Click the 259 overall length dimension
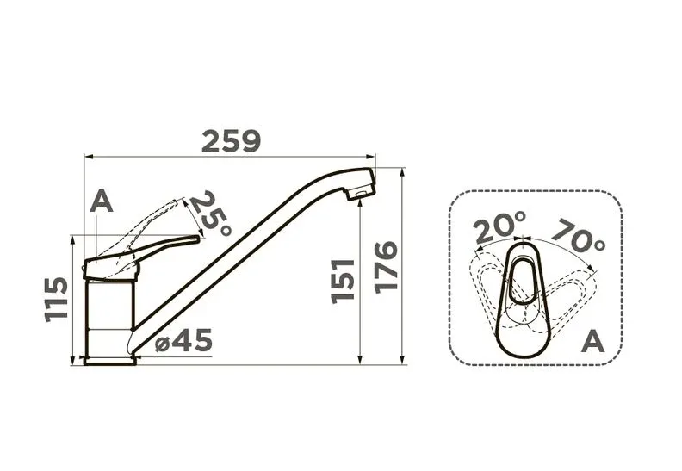tap(231, 141)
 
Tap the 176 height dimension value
tap(386, 267)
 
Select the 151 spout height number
tap(343, 281)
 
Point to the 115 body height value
tap(57, 299)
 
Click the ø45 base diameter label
tap(183, 340)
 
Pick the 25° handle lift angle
tap(212, 213)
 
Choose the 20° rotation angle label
tap(500, 226)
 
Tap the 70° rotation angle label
tap(579, 236)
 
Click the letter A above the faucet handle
tap(102, 201)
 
